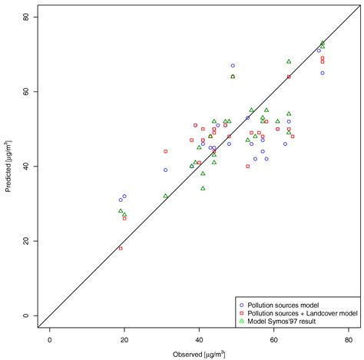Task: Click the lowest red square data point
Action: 121,249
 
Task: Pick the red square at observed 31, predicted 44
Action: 165,151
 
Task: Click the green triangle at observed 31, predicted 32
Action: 165,196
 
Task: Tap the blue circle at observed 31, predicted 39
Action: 165,170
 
